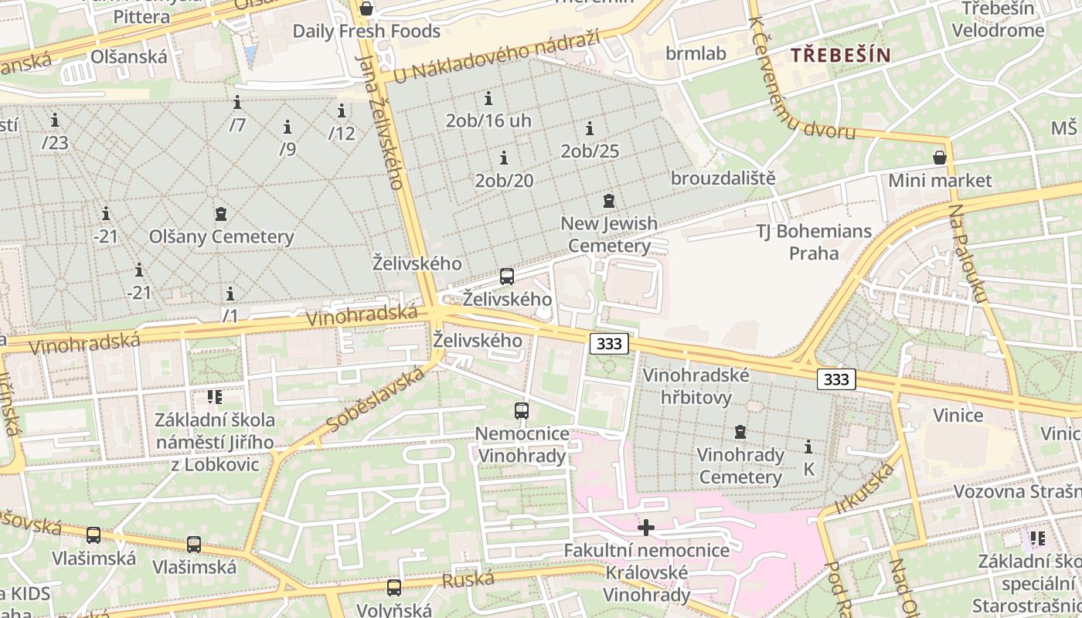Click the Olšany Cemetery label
pos(222,236)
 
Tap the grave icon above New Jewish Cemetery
pos(609,202)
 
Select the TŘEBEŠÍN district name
pos(841,55)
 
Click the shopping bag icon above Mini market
pos(940,158)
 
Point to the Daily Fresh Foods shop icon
pos(366,8)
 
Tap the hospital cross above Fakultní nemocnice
pos(646,528)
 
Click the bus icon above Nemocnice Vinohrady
pos(522,411)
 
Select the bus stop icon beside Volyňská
pos(394,588)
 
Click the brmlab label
pos(696,53)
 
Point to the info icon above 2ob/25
pos(590,129)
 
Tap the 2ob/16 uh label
pos(488,121)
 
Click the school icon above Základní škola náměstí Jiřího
pos(214,397)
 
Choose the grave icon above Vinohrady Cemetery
pos(740,432)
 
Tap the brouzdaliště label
pos(723,178)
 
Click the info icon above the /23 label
pos(55,121)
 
